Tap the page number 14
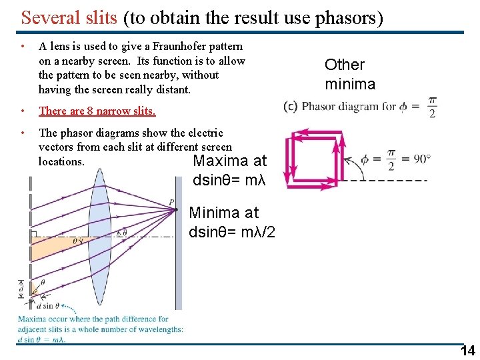coord(468,351)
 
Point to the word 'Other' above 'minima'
coord(344,65)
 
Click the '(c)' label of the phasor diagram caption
coord(290,106)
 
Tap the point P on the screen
coord(172,202)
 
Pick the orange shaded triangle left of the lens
coord(53,248)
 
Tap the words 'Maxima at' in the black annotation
coord(229,161)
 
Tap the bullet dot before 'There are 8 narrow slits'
coord(23,111)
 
